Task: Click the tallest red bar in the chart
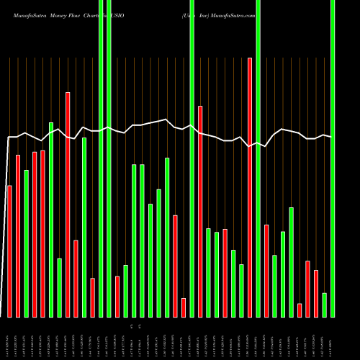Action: click(x=250, y=187)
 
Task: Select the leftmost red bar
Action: click(x=9, y=251)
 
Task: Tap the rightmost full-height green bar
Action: click(x=333, y=158)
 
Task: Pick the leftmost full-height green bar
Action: click(x=101, y=158)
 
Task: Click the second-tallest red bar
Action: click(x=68, y=204)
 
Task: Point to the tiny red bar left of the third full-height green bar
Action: click(x=184, y=307)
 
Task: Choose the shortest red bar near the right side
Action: click(x=300, y=310)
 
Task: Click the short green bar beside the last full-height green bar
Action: click(x=325, y=305)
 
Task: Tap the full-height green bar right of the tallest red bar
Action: click(x=258, y=158)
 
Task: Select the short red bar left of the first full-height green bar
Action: click(x=93, y=297)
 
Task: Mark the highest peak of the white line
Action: click(x=166, y=120)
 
